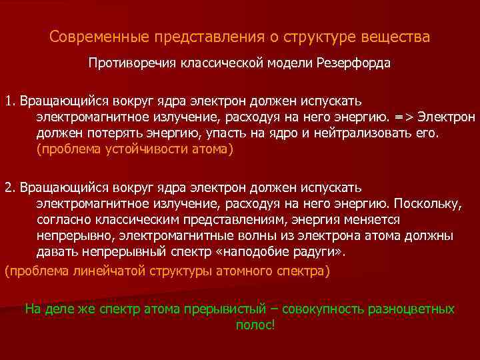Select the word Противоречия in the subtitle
tap(127, 65)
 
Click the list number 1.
tap(9, 101)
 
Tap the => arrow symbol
tap(405, 117)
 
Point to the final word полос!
tap(255, 325)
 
